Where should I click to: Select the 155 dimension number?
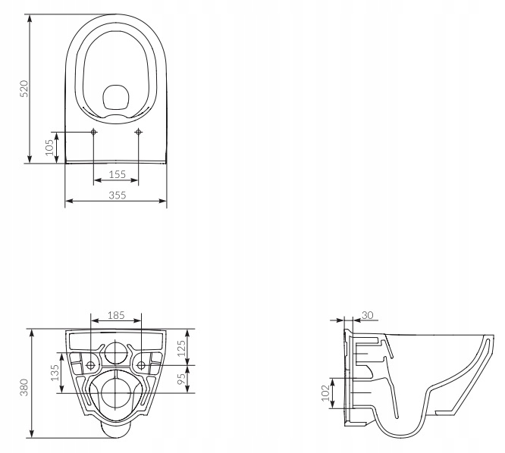(x=116, y=174)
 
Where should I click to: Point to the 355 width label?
(x=116, y=195)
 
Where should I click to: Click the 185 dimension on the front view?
(x=116, y=314)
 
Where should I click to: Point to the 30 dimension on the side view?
(x=368, y=314)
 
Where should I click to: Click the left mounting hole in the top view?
(x=94, y=133)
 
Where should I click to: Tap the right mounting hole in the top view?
(x=138, y=133)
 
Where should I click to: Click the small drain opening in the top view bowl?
(x=116, y=95)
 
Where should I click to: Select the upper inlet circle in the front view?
(x=116, y=351)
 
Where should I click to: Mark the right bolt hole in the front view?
(x=141, y=365)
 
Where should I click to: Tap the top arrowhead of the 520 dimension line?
(x=30, y=16)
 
